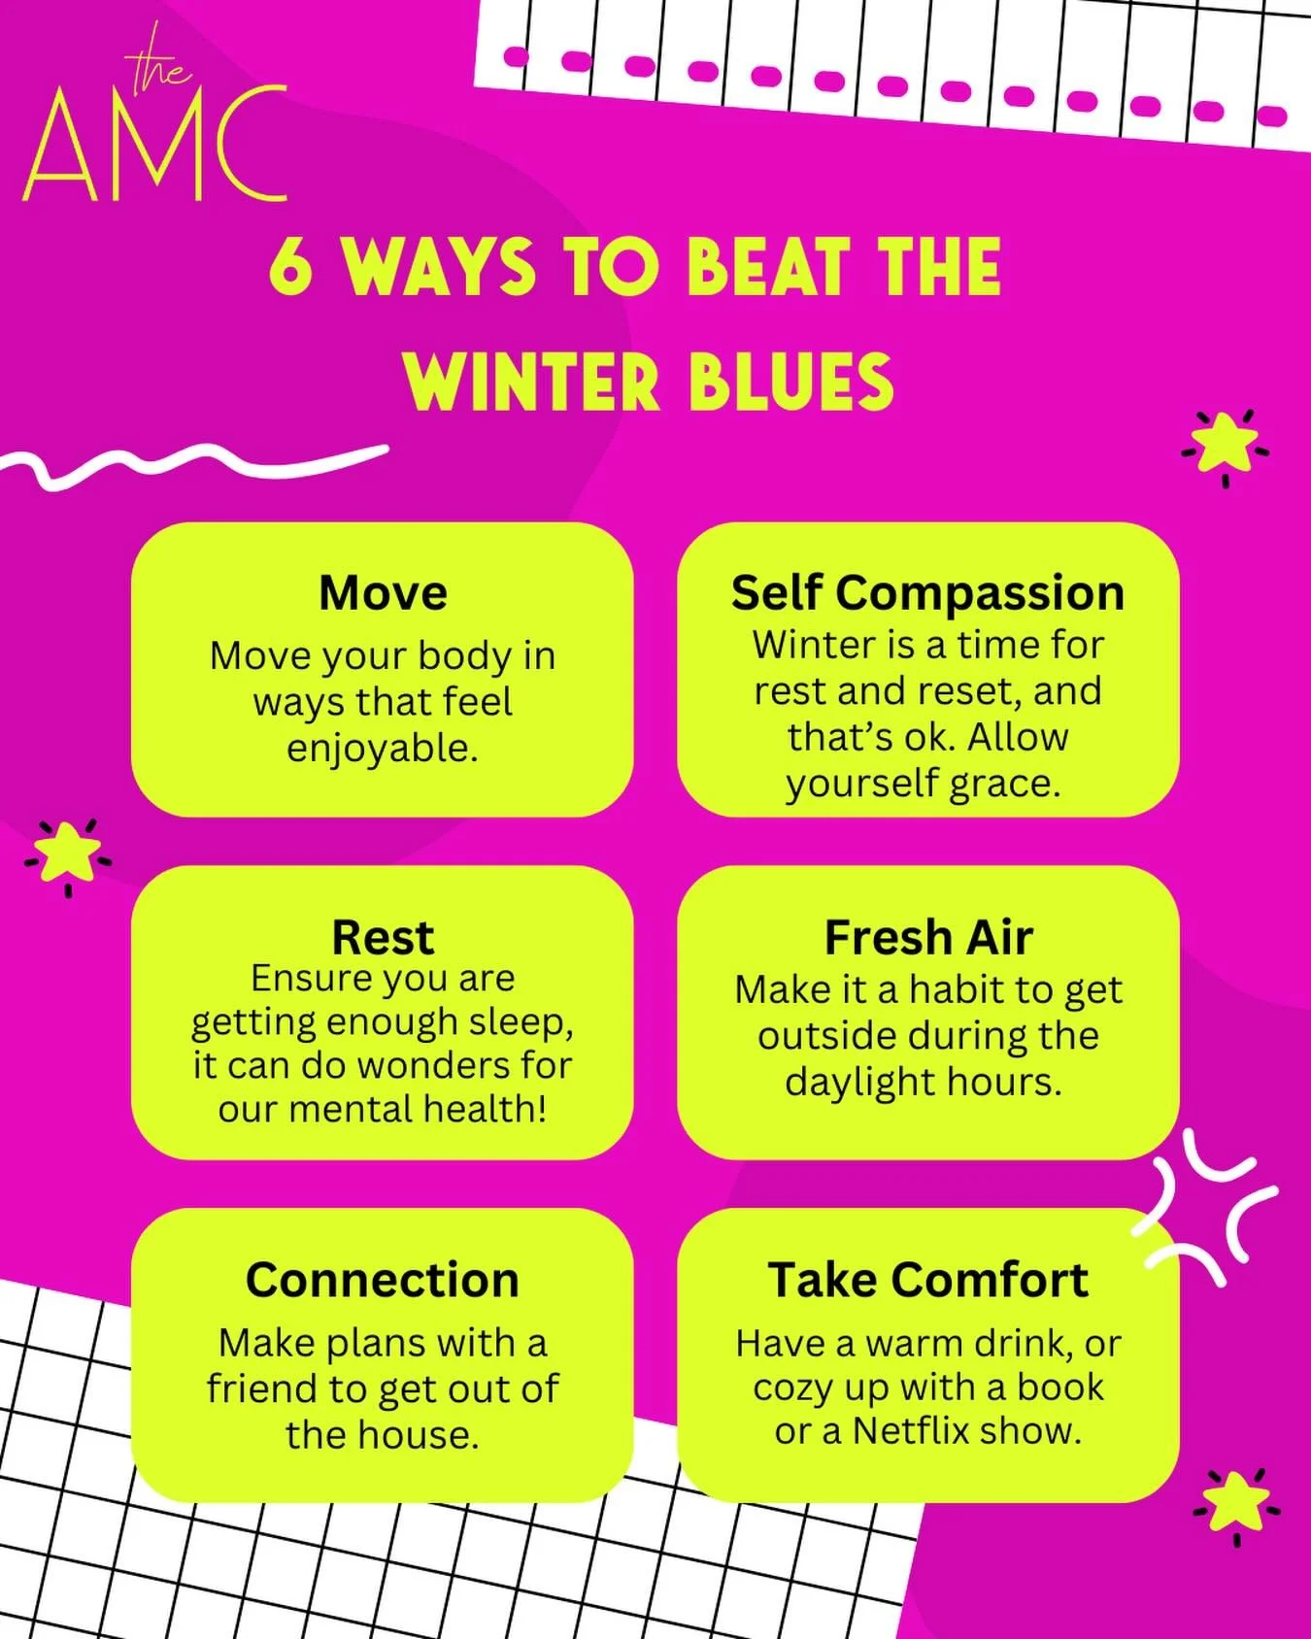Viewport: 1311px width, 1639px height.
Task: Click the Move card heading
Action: pyautogui.click(x=383, y=592)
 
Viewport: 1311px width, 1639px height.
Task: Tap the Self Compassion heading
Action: pyautogui.click(x=927, y=592)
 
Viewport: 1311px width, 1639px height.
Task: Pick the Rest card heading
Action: pyautogui.click(x=383, y=937)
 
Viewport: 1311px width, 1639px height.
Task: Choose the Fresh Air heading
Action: pyautogui.click(x=927, y=937)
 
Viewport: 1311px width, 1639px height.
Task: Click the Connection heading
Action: pyautogui.click(x=383, y=1280)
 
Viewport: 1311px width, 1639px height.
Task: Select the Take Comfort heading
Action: pyautogui.click(x=927, y=1280)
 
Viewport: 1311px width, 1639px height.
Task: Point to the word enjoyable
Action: pyautogui.click(x=383, y=749)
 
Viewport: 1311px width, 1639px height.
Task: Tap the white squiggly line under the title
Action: pyautogui.click(x=194, y=466)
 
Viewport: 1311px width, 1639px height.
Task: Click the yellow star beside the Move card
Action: pyautogui.click(x=69, y=852)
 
